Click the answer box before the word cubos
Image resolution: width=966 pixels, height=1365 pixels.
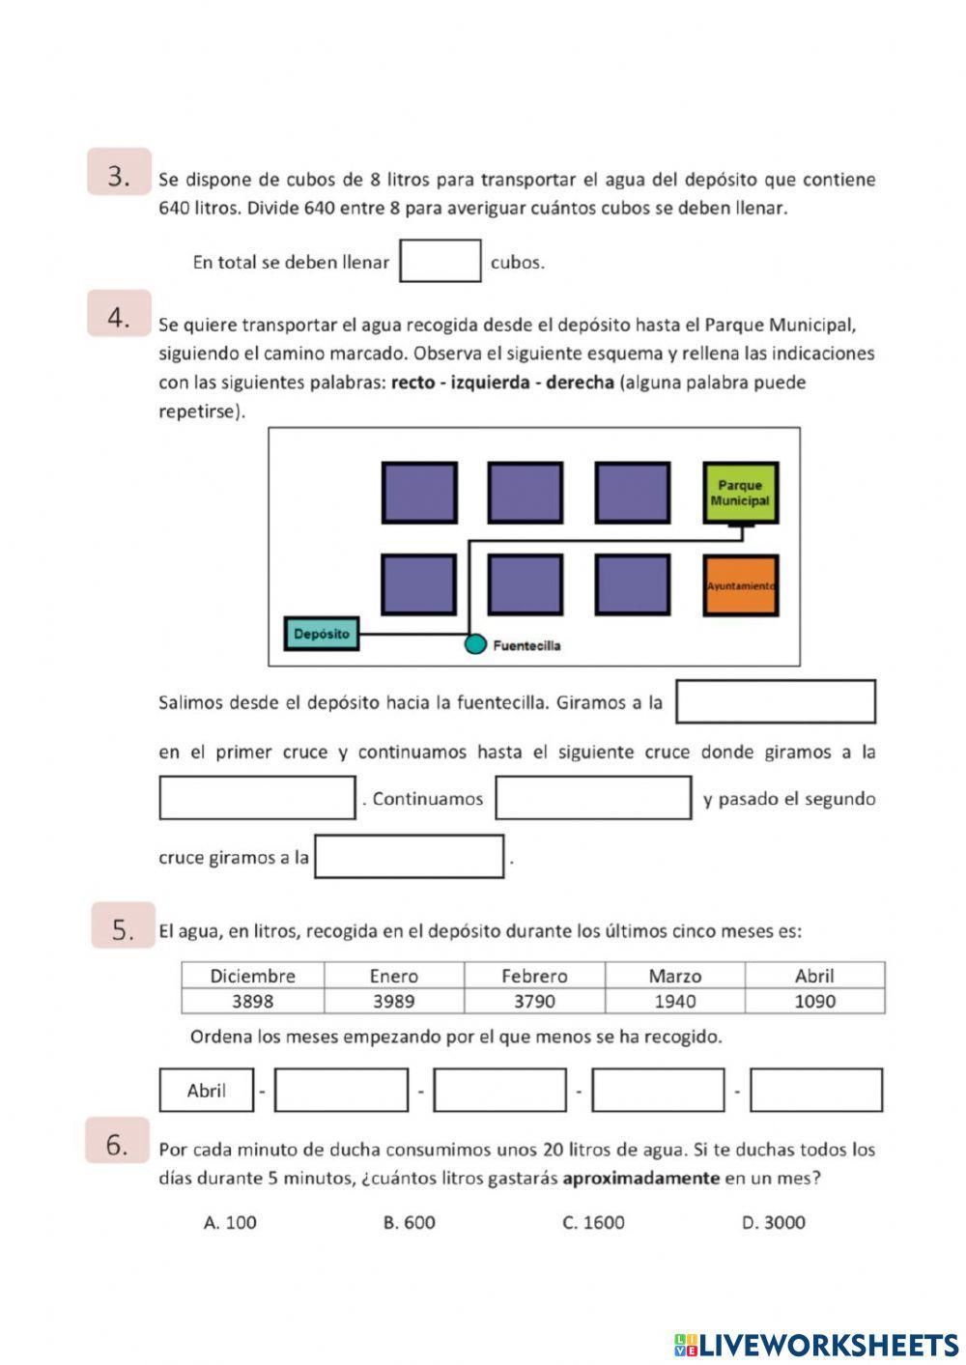pyautogui.click(x=440, y=261)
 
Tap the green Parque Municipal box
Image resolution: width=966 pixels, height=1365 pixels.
pyautogui.click(x=740, y=493)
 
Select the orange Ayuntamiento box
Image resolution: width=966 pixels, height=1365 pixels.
pyautogui.click(x=740, y=585)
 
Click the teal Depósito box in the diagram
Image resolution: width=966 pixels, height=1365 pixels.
pyautogui.click(x=322, y=634)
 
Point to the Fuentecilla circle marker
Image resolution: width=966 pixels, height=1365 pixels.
pyautogui.click(x=474, y=644)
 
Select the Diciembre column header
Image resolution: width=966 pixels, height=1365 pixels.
pyautogui.click(x=252, y=976)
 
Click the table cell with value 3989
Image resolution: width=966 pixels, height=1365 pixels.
pyautogui.click(x=394, y=1001)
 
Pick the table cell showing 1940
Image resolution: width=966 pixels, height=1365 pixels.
pyautogui.click(x=674, y=1001)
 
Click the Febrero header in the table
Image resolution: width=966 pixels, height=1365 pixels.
pyautogui.click(x=534, y=976)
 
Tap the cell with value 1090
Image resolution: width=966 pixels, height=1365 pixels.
pyautogui.click(x=814, y=1001)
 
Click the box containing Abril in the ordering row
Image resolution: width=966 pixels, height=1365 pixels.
pyautogui.click(x=207, y=1090)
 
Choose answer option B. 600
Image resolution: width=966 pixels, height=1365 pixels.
pyautogui.click(x=409, y=1222)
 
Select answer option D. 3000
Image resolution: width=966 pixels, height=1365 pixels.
pyautogui.click(x=773, y=1222)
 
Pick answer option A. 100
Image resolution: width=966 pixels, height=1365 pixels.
pyautogui.click(x=230, y=1222)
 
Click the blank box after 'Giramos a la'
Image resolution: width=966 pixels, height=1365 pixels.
pyautogui.click(x=775, y=701)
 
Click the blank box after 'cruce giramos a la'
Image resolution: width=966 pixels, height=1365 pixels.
pyautogui.click(x=409, y=856)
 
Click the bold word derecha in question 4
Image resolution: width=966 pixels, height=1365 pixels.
pyautogui.click(x=580, y=383)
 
